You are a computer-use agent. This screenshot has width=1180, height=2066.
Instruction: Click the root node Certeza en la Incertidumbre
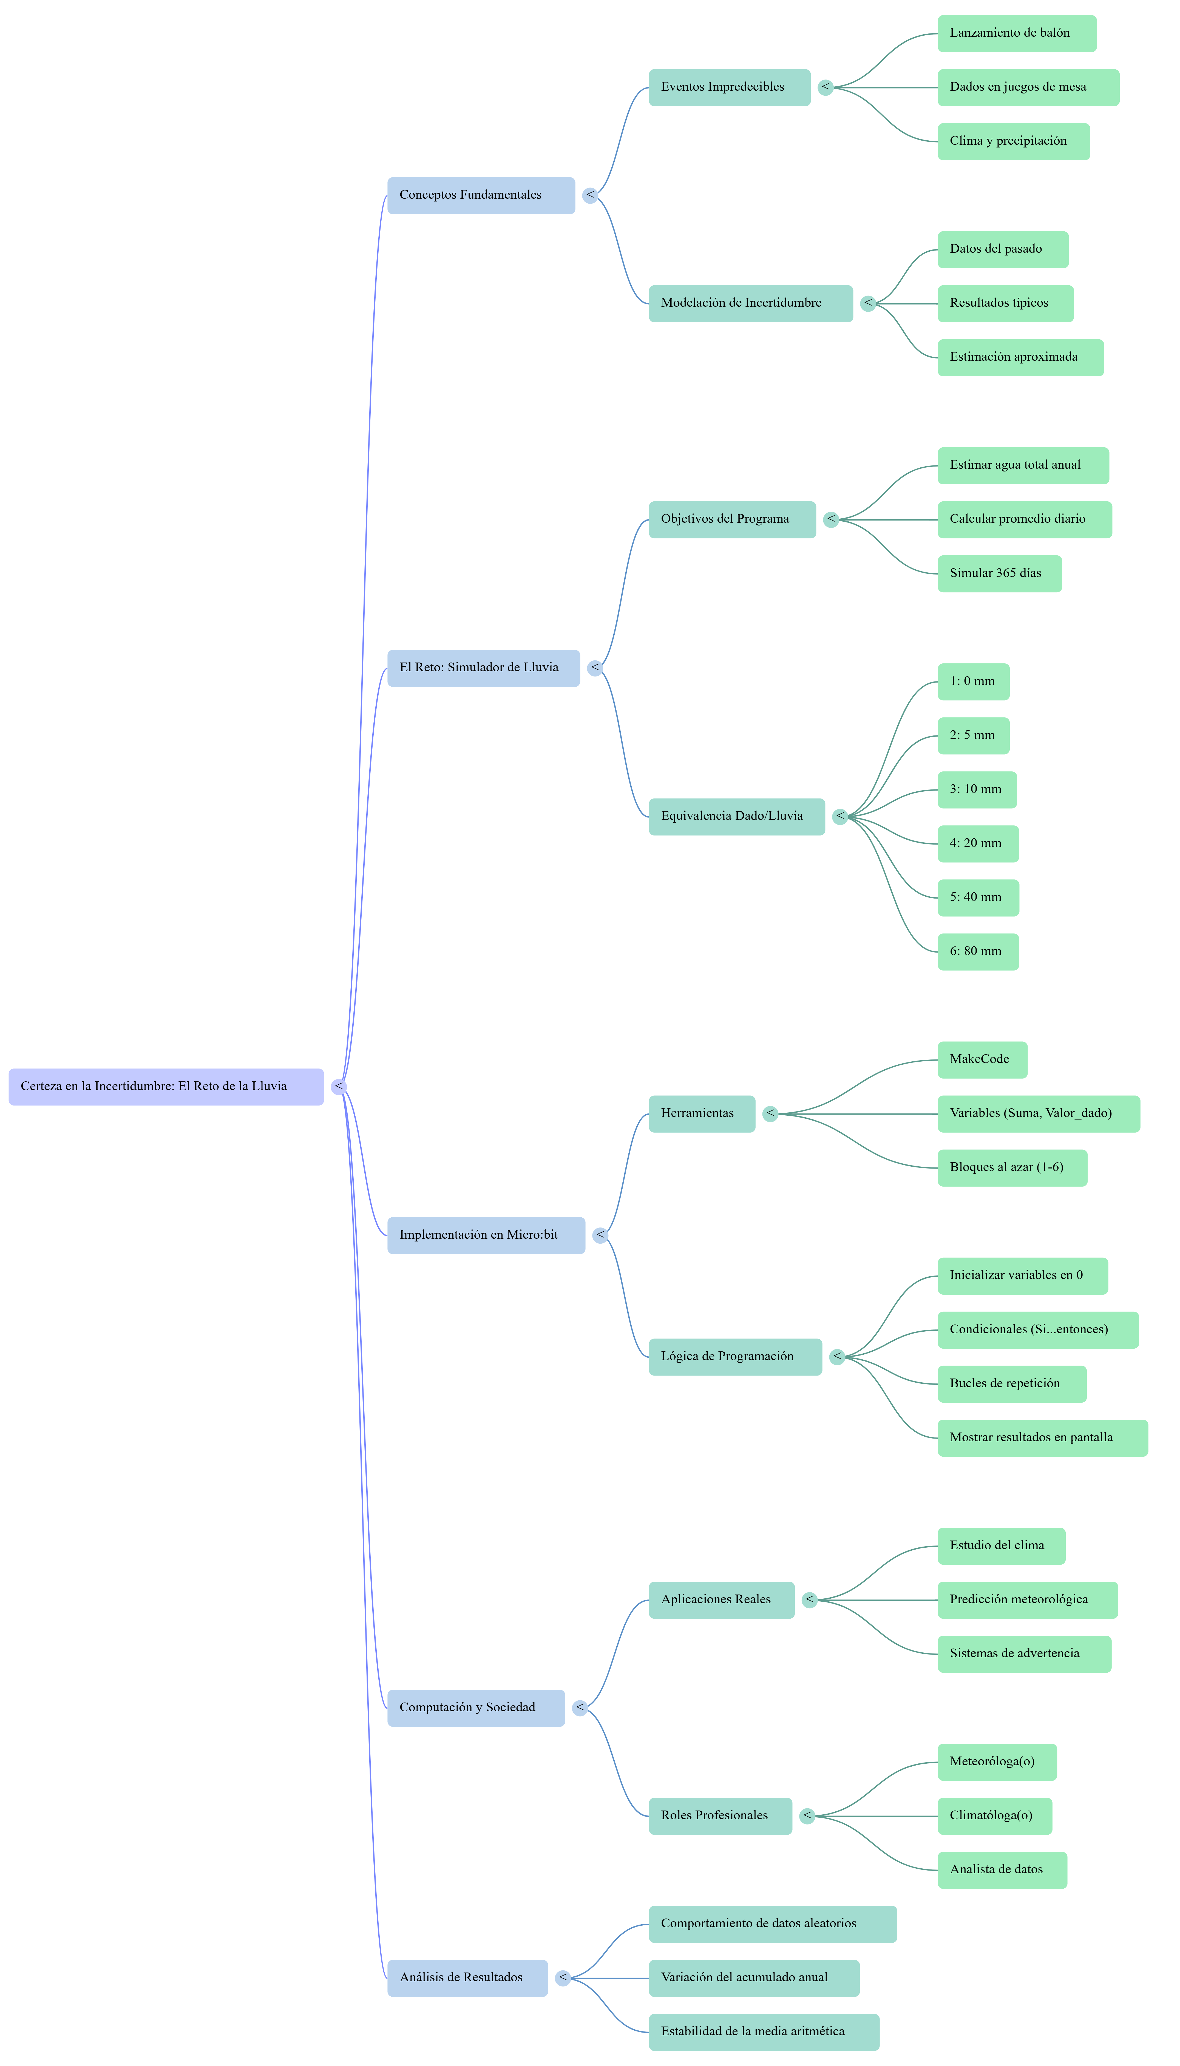click(166, 1087)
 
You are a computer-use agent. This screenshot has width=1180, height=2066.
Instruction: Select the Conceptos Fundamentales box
click(481, 195)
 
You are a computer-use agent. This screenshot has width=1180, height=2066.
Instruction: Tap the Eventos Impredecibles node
click(729, 87)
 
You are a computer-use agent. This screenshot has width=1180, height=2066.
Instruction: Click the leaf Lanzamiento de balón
click(1016, 33)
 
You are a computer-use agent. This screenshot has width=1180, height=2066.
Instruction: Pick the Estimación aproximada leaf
click(1020, 357)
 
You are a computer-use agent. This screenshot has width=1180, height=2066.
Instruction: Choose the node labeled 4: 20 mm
click(977, 843)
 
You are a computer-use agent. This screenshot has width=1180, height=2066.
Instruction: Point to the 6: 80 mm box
click(977, 951)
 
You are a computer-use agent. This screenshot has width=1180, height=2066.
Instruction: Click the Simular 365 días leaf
click(999, 574)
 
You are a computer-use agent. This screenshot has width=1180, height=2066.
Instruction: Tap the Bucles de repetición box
click(1011, 1384)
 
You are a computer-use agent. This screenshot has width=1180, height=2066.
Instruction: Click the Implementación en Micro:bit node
click(486, 1235)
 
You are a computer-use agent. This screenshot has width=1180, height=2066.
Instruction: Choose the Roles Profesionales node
click(720, 1816)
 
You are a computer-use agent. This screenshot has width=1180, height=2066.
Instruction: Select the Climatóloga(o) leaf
click(994, 1816)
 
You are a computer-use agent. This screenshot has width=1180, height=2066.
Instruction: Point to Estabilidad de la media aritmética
click(764, 2032)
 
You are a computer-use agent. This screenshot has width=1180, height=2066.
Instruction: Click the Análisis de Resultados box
click(467, 1978)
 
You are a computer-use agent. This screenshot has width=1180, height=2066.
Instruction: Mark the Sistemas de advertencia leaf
click(1023, 1654)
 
